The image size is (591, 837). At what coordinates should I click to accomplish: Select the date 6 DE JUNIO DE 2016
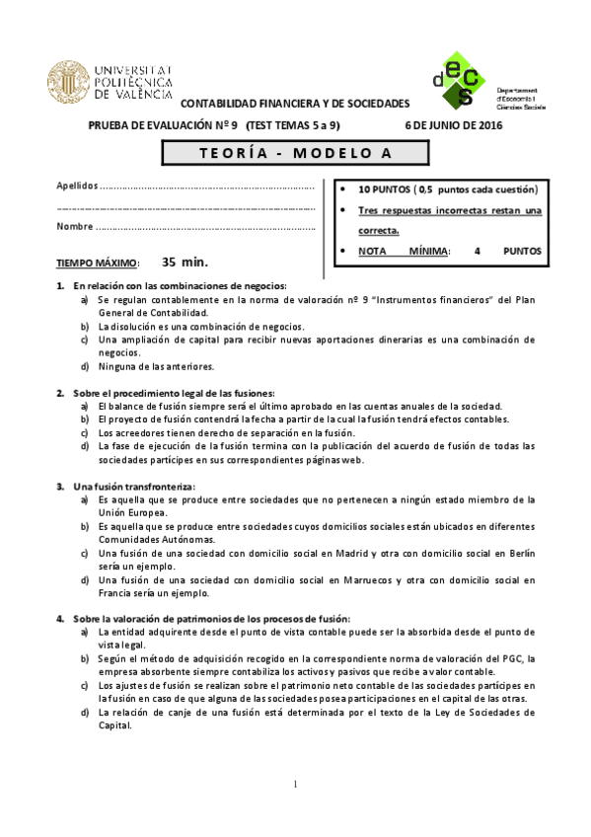454,126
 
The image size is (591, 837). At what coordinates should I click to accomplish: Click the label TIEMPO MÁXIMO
98,264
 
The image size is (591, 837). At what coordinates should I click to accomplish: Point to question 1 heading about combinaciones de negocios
178,285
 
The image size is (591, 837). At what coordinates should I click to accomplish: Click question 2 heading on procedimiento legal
173,393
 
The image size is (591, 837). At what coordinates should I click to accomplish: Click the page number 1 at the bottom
295,785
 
